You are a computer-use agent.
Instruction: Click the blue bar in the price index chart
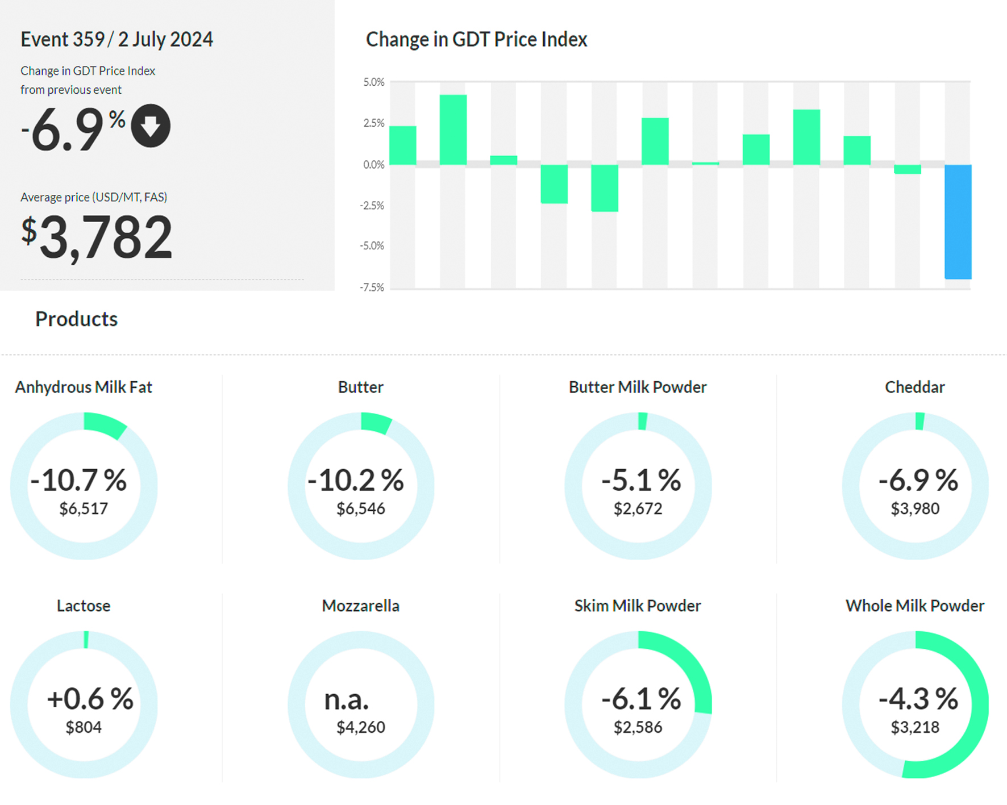(958, 222)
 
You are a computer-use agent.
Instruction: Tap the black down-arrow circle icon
(151, 126)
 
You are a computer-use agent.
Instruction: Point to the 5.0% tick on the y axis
(374, 82)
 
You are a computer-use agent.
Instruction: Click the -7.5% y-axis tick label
(372, 287)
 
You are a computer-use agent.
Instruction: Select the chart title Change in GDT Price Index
(476, 39)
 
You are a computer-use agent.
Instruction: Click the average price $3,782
(97, 237)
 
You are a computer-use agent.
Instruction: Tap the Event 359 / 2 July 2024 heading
(116, 39)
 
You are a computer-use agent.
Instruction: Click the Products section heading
(76, 319)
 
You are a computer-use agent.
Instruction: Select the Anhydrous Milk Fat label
(84, 387)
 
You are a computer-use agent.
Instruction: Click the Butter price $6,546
(361, 508)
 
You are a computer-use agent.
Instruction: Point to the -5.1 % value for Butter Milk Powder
(641, 481)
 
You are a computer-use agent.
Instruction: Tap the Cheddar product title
(914, 387)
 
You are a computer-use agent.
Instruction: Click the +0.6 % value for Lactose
(90, 699)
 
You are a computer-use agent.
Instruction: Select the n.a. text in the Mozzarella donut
(347, 699)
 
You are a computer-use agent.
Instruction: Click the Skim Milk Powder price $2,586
(638, 727)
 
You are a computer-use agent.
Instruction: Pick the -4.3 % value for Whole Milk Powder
(918, 699)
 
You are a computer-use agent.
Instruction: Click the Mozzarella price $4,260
(361, 727)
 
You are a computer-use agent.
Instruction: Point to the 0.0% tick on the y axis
(374, 165)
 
